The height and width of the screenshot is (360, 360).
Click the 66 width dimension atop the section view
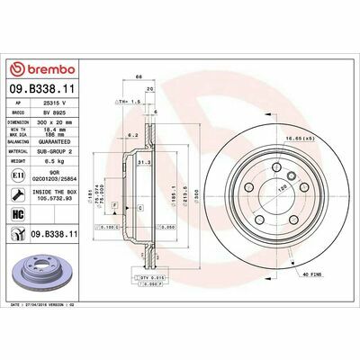click(x=138, y=78)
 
